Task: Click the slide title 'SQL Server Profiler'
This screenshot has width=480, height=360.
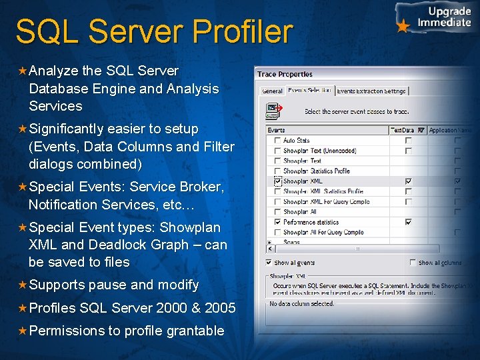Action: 154,32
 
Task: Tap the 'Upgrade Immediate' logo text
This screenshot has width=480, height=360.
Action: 444,17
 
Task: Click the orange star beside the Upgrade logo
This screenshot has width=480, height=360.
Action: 403,27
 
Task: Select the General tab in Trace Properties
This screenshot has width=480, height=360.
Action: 272,91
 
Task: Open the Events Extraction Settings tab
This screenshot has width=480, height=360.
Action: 371,91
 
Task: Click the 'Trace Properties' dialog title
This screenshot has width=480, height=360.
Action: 285,74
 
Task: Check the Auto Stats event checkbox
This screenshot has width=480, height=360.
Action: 277,141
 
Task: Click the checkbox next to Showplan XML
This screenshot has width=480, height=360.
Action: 277,181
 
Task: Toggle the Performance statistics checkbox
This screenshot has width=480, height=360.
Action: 277,222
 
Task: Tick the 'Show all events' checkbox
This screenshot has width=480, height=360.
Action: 269,263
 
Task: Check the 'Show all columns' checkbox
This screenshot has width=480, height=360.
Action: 413,263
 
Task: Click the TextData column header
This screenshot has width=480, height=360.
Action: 403,131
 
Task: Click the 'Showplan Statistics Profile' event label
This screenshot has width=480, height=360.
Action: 316,171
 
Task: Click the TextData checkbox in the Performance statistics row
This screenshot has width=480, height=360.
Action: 408,222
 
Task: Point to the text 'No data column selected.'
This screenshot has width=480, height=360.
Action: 301,304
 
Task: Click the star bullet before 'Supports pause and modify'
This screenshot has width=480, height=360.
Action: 22,285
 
